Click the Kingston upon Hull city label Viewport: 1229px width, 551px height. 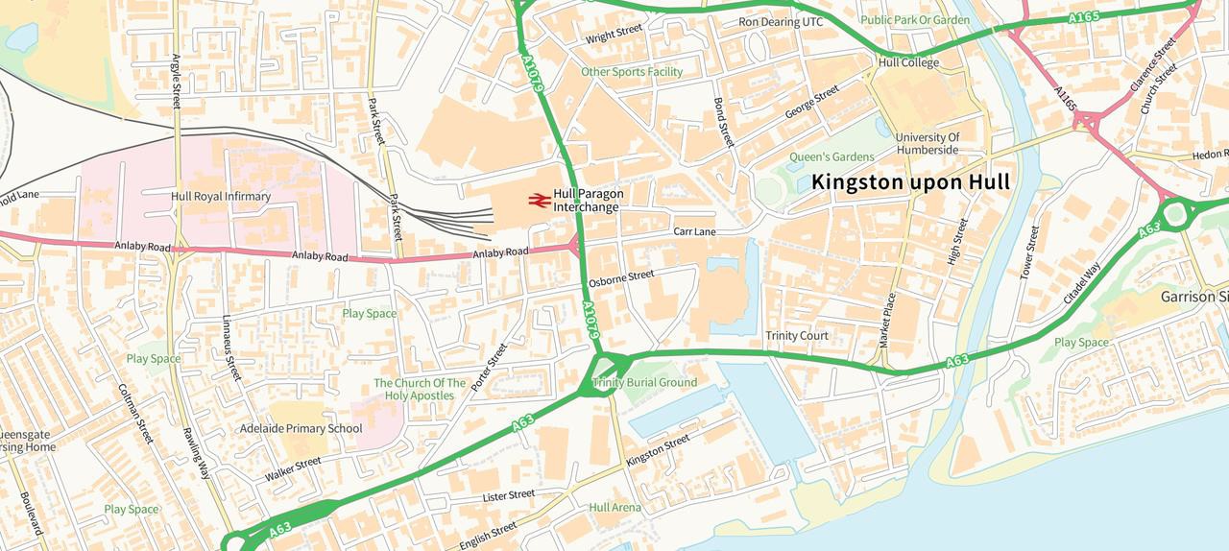pyautogui.click(x=909, y=181)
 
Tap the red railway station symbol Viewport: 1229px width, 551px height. pyautogui.click(x=538, y=201)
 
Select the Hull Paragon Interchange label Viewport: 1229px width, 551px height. pyautogui.click(x=588, y=201)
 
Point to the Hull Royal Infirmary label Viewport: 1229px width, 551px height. pyautogui.click(x=221, y=197)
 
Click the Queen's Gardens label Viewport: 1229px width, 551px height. pyautogui.click(x=831, y=156)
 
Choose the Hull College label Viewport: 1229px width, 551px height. pyautogui.click(x=908, y=63)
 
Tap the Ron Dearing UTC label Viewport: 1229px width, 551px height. pyautogui.click(x=781, y=22)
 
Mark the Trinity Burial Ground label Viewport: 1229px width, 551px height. pyautogui.click(x=644, y=383)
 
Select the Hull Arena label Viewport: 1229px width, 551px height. pyautogui.click(x=614, y=508)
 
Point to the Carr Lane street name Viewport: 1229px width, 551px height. pyautogui.click(x=694, y=232)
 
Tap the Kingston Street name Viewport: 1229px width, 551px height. pyautogui.click(x=658, y=447)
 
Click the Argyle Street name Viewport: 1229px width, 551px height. pyautogui.click(x=176, y=81)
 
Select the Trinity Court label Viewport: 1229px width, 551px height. pyautogui.click(x=796, y=336)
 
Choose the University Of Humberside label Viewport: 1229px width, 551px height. pyautogui.click(x=928, y=144)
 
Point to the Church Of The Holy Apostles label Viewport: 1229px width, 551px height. pyautogui.click(x=420, y=389)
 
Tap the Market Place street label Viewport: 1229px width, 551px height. pyautogui.click(x=886, y=321)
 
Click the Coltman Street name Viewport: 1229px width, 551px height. pyautogui.click(x=135, y=414)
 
